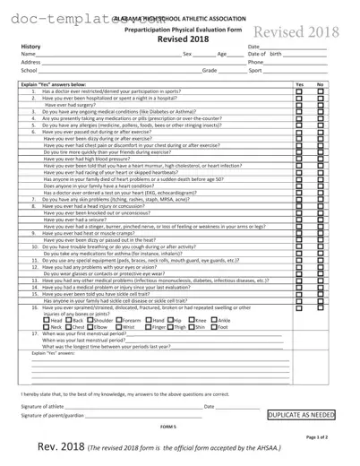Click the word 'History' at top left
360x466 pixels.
point(30,46)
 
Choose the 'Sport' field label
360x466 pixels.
point(255,69)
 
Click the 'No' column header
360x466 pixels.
point(320,83)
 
